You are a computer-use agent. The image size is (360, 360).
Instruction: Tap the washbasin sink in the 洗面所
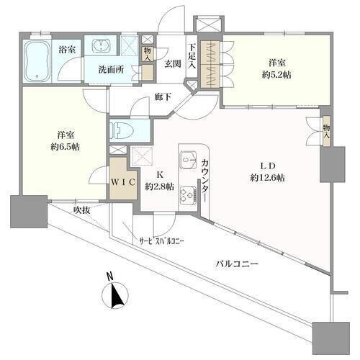pos(102,45)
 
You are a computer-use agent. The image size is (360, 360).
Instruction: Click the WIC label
pos(123,182)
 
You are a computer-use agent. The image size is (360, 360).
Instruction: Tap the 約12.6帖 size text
pos(268,178)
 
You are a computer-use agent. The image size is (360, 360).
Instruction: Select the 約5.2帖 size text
pos(276,75)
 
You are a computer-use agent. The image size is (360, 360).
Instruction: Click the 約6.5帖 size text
pos(65,147)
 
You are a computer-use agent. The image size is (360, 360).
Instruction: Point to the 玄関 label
pos(172,64)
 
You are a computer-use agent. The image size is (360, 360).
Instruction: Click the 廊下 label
pos(163,96)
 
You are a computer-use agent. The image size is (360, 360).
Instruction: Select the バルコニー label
pos(237,264)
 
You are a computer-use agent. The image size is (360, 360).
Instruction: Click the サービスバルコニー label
pos(162,240)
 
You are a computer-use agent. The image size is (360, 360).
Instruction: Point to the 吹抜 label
pos(81,210)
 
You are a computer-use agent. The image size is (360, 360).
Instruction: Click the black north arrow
pos(118,295)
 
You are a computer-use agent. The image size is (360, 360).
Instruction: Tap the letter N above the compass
pos(110,276)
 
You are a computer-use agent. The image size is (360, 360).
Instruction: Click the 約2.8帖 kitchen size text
pos(159,186)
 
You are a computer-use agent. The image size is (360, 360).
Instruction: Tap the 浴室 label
pos(67,50)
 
